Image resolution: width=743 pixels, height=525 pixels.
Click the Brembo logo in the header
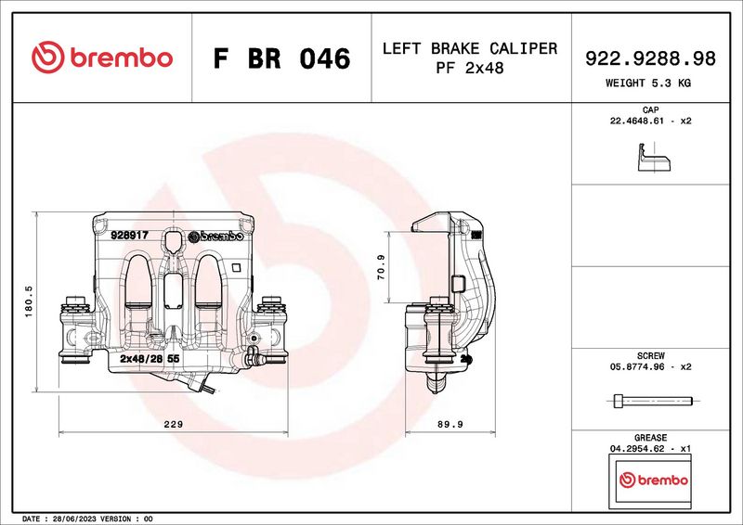point(102,58)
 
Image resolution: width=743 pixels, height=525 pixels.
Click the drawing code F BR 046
point(281,58)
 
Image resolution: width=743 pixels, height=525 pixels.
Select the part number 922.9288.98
point(650,58)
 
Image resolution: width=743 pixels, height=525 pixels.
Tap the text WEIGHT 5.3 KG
point(647,83)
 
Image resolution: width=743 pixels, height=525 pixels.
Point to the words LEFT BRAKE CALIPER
point(470,48)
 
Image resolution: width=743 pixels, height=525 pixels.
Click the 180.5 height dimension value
point(29,301)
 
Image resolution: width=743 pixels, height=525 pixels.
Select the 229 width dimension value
point(173,424)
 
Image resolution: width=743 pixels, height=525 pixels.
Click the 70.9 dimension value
point(382,267)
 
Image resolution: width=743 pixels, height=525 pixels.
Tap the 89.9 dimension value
point(450,424)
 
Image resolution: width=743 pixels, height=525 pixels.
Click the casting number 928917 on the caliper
point(129,235)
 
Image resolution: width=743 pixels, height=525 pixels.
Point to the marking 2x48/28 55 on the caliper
point(150,358)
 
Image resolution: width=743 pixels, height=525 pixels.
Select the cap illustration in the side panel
point(654,157)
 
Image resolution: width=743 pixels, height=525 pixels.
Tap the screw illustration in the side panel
point(653,401)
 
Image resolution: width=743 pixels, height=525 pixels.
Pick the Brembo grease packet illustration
point(650,480)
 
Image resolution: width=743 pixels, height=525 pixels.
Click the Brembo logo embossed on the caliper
point(216,237)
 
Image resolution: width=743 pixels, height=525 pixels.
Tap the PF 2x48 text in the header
point(470,68)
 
